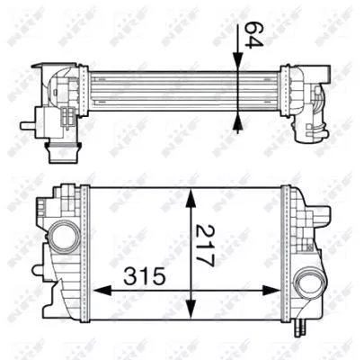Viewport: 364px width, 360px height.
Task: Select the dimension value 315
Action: click(x=143, y=276)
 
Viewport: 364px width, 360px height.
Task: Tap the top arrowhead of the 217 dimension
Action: click(x=190, y=193)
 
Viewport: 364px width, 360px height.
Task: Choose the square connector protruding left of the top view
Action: click(x=38, y=118)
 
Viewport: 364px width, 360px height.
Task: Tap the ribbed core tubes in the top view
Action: click(x=162, y=88)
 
